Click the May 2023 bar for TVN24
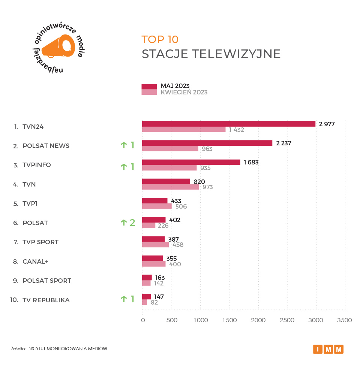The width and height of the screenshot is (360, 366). [x=228, y=124]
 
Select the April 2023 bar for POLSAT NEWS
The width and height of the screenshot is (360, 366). [x=170, y=149]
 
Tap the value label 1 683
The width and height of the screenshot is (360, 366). [x=251, y=162]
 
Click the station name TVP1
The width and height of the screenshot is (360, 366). [x=30, y=203]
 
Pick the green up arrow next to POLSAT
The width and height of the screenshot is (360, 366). [x=123, y=223]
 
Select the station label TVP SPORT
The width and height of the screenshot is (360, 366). [x=40, y=242]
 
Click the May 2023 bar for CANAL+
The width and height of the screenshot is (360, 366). [x=152, y=258]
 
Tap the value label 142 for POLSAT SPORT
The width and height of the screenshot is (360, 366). [x=159, y=283]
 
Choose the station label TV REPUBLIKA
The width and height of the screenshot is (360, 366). [x=46, y=300]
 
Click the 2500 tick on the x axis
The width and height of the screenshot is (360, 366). [x=287, y=320]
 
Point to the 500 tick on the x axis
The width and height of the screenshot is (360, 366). [x=171, y=320]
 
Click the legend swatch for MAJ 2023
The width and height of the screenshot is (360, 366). [x=149, y=87]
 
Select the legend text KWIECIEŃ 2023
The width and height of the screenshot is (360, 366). [x=184, y=93]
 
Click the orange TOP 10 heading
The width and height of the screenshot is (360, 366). [x=160, y=40]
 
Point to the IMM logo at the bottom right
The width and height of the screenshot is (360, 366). [x=328, y=349]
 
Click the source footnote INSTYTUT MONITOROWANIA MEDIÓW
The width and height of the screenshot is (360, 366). [x=67, y=348]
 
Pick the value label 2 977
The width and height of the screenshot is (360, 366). [x=326, y=124]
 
